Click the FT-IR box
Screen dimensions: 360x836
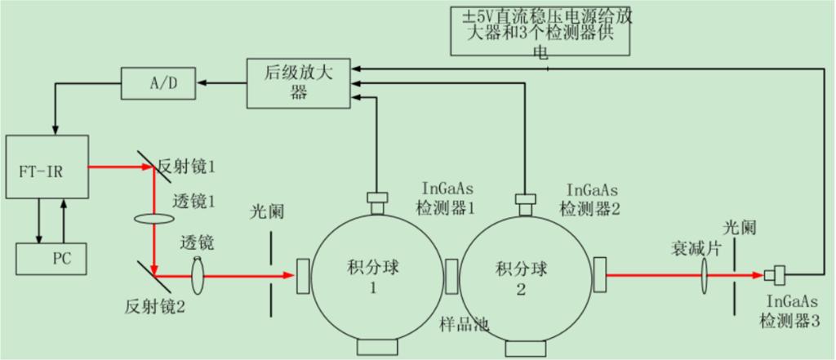point(47,168)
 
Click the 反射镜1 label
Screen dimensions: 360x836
point(189,167)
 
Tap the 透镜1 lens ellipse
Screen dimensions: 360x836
point(153,219)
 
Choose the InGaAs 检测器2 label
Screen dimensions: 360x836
point(590,199)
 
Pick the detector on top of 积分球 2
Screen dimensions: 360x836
point(523,199)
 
